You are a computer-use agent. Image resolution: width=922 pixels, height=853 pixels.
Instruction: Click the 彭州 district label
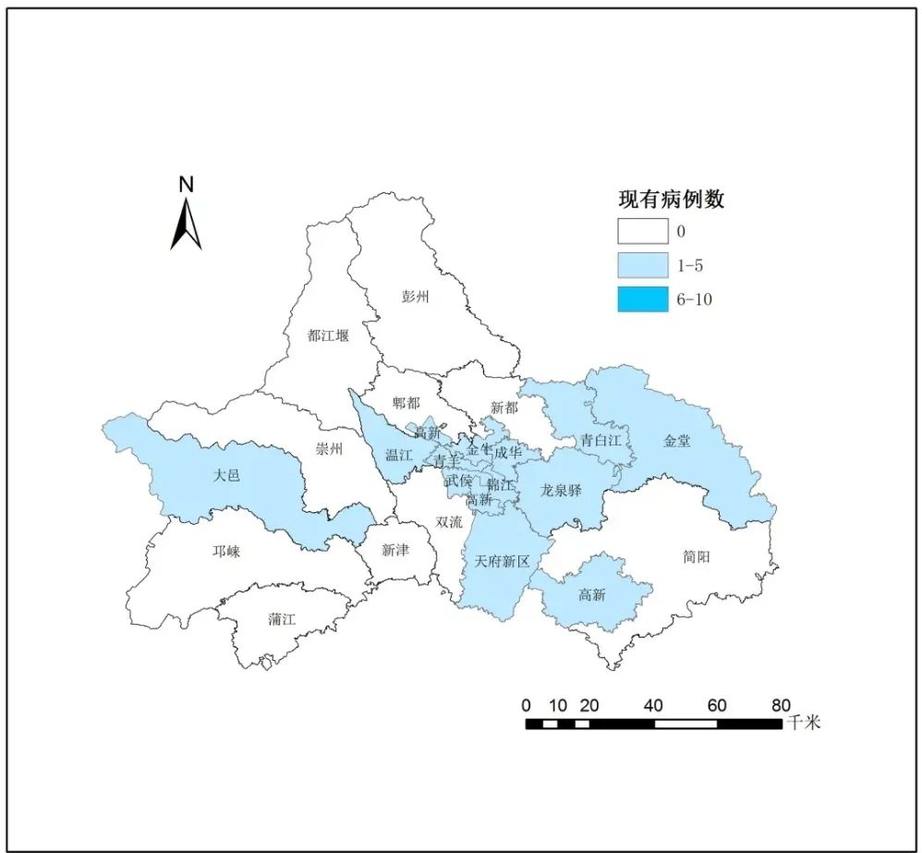point(416,297)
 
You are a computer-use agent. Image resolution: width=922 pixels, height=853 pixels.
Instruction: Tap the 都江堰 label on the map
point(329,335)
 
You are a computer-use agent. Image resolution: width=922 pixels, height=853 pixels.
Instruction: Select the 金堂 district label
point(676,441)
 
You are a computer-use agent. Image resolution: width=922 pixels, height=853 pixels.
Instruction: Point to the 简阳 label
point(698,556)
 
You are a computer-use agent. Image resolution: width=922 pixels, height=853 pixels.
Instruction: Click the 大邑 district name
point(226,475)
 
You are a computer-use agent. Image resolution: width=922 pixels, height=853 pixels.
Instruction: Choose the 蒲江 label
point(282,619)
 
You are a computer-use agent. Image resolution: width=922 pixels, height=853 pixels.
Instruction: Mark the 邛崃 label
point(226,552)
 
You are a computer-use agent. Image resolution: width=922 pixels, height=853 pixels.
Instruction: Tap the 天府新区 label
point(502,561)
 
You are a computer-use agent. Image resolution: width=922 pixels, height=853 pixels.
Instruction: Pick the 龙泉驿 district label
point(562,491)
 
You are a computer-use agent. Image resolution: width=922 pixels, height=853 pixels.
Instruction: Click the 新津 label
point(395,549)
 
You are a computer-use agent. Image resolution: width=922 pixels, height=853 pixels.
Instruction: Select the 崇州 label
point(329,450)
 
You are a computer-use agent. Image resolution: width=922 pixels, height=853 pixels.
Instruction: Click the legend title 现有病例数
point(671,199)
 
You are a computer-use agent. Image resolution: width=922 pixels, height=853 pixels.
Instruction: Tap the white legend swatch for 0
point(643,231)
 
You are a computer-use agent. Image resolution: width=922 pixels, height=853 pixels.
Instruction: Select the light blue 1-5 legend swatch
point(643,265)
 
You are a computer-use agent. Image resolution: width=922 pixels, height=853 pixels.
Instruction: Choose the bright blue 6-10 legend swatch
point(643,299)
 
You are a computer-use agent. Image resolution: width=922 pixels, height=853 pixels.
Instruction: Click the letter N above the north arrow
point(186,184)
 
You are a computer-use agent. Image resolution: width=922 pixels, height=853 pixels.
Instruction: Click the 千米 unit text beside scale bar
point(804,723)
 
